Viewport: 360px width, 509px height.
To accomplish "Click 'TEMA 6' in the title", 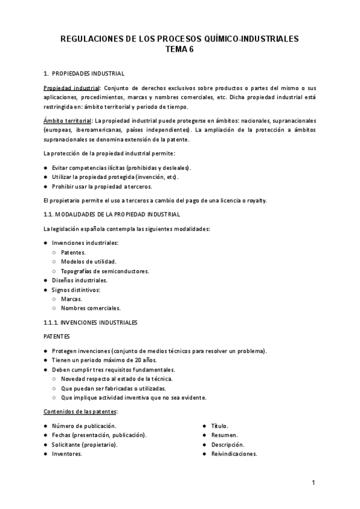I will (180, 50).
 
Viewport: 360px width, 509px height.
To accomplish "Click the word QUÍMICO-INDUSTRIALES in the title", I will (248, 39).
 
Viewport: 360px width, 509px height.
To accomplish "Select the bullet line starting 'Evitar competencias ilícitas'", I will (121, 168).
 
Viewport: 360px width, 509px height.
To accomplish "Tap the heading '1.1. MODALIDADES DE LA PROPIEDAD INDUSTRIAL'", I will (112, 214).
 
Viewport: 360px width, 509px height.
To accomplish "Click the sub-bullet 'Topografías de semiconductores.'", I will (105, 271).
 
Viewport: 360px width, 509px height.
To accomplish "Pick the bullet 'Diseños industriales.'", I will (80, 280).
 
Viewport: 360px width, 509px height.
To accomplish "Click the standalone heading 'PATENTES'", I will (57, 337).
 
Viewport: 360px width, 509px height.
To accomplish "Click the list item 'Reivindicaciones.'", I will (234, 454).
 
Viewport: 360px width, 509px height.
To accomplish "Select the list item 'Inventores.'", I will (67, 454).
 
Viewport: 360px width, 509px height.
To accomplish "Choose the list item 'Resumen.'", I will (224, 435).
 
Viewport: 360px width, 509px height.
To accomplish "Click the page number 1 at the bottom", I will (313, 483).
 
